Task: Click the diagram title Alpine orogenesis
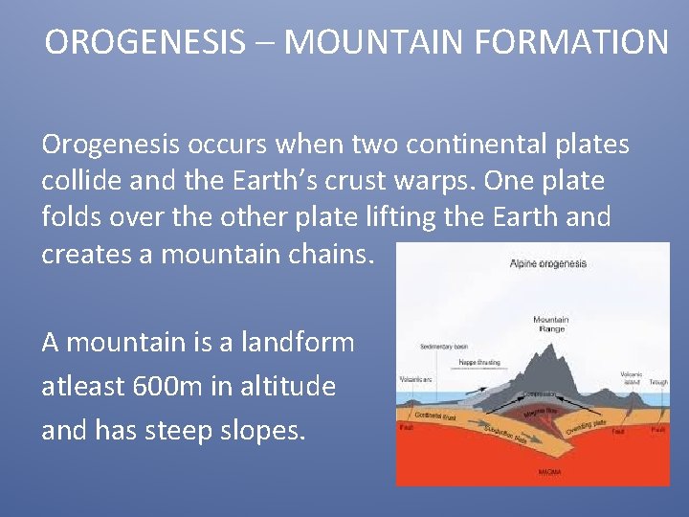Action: click(x=548, y=263)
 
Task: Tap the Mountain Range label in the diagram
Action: click(x=550, y=324)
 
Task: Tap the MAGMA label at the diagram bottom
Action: click(x=548, y=472)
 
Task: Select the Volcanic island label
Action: click(x=632, y=377)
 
